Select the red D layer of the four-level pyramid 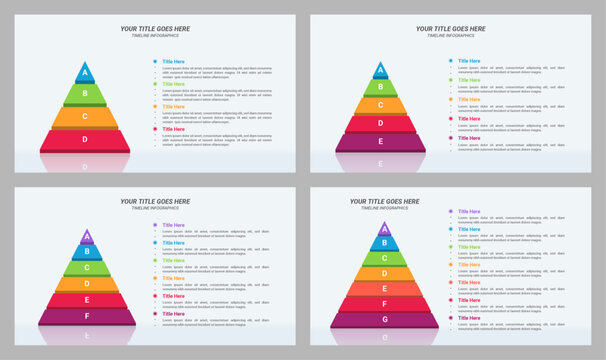pyautogui.click(x=85, y=139)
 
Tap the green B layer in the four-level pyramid pyautogui.click(x=85, y=94)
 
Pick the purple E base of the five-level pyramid pyautogui.click(x=380, y=142)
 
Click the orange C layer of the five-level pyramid pyautogui.click(x=380, y=105)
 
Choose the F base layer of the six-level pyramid pyautogui.click(x=87, y=316)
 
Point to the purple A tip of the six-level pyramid pyautogui.click(x=87, y=238)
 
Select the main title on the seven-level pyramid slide pyautogui.click(x=385, y=201)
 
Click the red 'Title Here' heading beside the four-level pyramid pyautogui.click(x=174, y=129)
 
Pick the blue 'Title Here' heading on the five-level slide pyautogui.click(x=469, y=61)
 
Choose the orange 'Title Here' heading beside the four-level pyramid pyautogui.click(x=174, y=106)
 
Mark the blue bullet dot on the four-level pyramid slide pyautogui.click(x=155, y=61)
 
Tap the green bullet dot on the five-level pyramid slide pyautogui.click(x=450, y=80)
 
